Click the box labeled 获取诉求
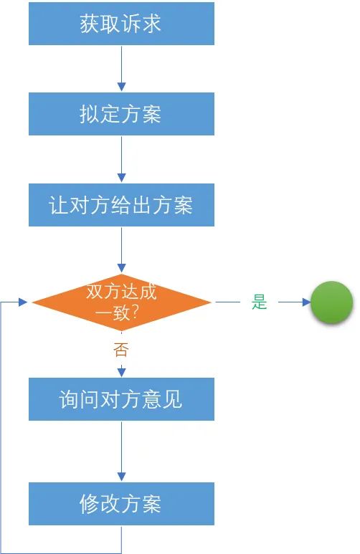click(x=121, y=24)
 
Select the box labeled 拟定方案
click(x=121, y=114)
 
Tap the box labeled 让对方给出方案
click(x=121, y=205)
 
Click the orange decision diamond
click(x=121, y=302)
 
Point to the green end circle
click(x=332, y=302)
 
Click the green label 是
click(x=259, y=302)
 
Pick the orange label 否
click(x=121, y=350)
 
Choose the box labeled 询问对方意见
click(x=121, y=399)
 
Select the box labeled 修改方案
click(x=121, y=504)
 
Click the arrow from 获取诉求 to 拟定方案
click(x=121, y=69)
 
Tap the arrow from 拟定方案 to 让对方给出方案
click(x=121, y=159)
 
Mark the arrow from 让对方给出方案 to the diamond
click(x=121, y=250)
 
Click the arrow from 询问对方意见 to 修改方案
click(x=121, y=452)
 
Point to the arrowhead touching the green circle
click(x=306, y=302)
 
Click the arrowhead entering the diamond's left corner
click(x=23, y=302)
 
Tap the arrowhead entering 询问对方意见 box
click(x=121, y=373)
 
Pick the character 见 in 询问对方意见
click(x=173, y=399)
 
